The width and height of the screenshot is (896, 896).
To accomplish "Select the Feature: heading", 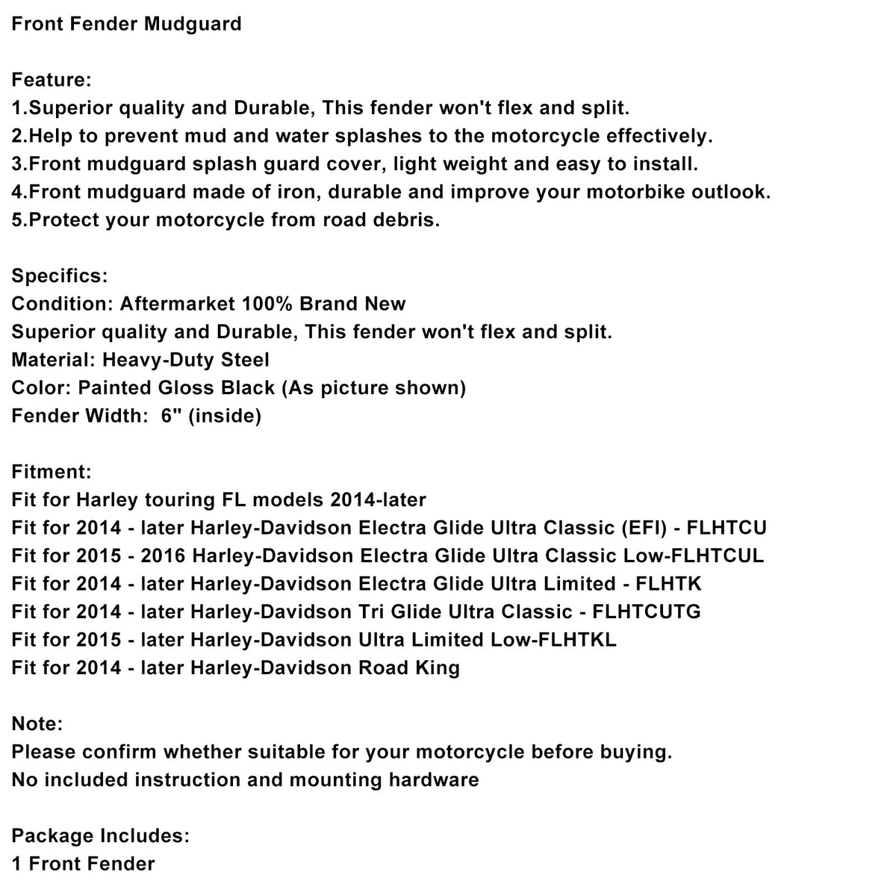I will [52, 80].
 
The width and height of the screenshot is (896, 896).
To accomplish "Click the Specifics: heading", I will [60, 276].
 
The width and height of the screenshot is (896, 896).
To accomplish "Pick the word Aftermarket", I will [177, 304].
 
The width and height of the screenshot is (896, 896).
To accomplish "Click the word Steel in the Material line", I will [245, 360].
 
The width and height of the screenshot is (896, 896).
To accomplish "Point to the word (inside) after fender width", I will [225, 416].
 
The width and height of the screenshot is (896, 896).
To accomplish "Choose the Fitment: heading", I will [52, 472].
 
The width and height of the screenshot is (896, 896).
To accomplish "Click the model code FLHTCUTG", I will [647, 612].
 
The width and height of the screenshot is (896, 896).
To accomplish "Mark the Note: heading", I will [37, 724].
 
